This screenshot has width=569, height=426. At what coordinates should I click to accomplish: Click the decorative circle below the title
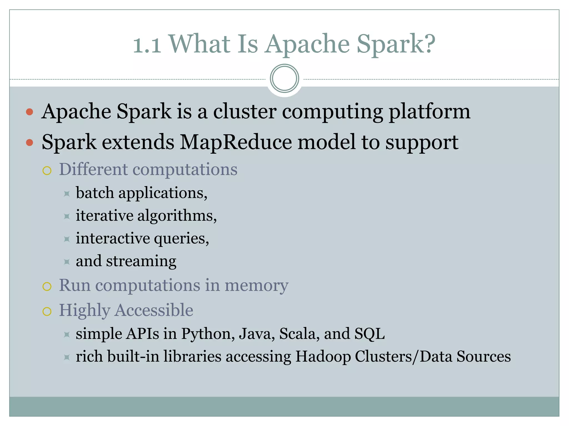pyautogui.click(x=284, y=78)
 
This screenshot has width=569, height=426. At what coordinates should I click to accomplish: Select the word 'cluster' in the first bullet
pyautogui.click(x=245, y=111)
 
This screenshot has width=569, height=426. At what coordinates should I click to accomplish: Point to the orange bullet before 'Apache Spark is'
pyautogui.click(x=29, y=112)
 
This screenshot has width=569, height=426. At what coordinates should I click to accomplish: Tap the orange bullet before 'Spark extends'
pyautogui.click(x=29, y=143)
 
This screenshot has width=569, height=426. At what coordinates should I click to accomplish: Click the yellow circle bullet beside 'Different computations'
pyautogui.click(x=47, y=171)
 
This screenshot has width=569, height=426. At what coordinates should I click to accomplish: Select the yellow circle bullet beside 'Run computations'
pyautogui.click(x=47, y=286)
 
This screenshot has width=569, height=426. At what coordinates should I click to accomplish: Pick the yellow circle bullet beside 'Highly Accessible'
pyautogui.click(x=47, y=311)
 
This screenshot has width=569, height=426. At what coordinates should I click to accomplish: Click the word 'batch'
pyautogui.click(x=95, y=193)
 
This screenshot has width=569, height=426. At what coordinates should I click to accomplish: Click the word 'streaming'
pyautogui.click(x=141, y=261)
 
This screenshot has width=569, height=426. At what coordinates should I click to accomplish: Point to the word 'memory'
pyautogui.click(x=256, y=286)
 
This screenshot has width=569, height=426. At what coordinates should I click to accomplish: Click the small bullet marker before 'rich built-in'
pyautogui.click(x=67, y=357)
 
